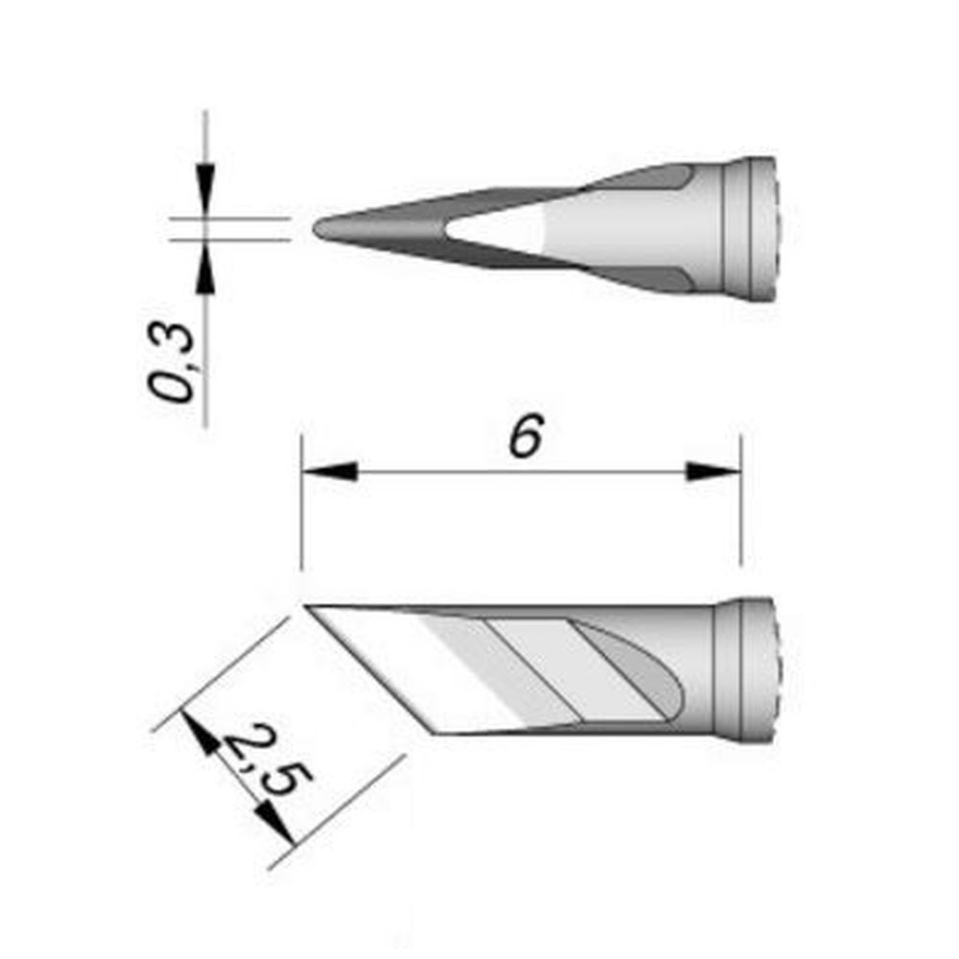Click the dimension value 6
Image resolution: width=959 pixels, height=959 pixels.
[x=525, y=440]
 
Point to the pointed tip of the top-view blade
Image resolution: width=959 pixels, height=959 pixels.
[x=317, y=230]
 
